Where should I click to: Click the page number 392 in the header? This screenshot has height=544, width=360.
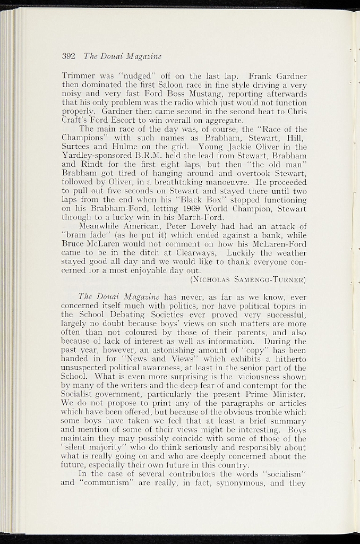68,55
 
